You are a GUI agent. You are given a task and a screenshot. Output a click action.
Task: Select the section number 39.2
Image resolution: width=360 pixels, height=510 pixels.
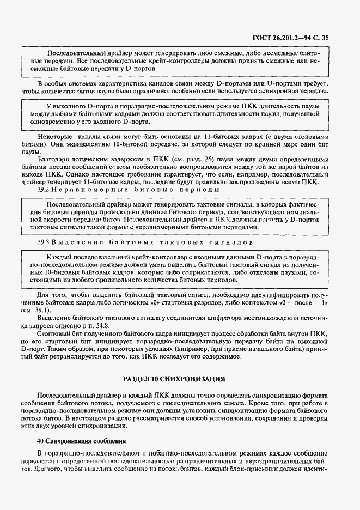[x=44, y=190]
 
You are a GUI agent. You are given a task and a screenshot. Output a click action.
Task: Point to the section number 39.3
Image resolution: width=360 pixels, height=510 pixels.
[x=44, y=241]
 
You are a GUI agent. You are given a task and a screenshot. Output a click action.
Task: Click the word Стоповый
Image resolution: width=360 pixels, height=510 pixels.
[x=53, y=332]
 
